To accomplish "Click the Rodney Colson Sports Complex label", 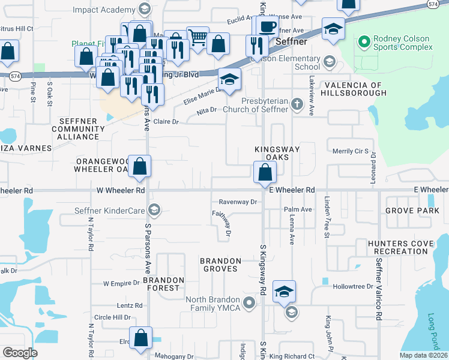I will point(402,43).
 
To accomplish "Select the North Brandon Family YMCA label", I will point(213,304).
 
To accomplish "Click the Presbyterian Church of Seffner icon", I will point(297,105).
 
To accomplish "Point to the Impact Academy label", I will point(104,10).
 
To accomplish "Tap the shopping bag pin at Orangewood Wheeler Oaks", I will point(139,167).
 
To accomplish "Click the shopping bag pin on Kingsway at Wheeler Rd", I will point(265,173).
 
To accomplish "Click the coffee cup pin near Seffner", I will point(267,26).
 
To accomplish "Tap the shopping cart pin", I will point(197,38).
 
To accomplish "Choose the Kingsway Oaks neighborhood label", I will point(276,152).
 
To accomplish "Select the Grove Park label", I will point(412,211).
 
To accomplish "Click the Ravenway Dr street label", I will point(238,202).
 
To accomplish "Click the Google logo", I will point(20,353).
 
